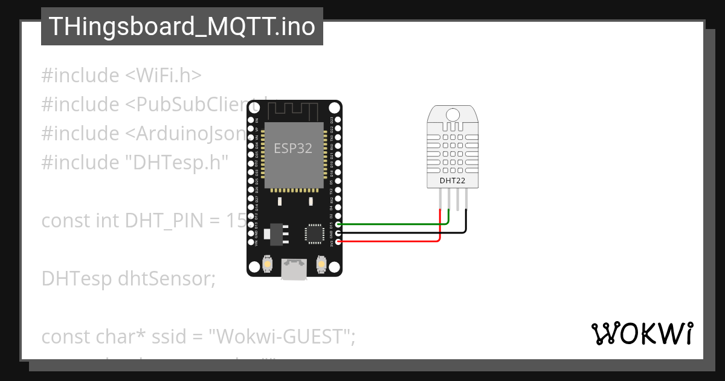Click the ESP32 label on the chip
[293, 148]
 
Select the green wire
[393, 224]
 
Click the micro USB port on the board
[294, 270]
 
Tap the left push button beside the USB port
[266, 264]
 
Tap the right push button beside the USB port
[321, 264]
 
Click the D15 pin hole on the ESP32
[338, 224]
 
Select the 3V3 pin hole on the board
[338, 242]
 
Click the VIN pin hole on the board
[251, 242]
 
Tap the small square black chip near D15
[315, 233]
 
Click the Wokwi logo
[642, 334]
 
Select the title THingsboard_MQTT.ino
[182, 27]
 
